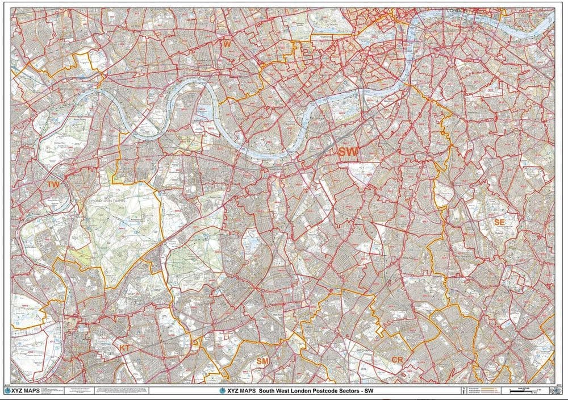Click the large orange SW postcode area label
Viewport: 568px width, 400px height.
point(348,152)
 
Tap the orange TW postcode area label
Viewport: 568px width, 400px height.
point(53,185)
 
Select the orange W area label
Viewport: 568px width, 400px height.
point(227,44)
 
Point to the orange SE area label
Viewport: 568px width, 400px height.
point(499,222)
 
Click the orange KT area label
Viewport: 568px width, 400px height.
point(124,347)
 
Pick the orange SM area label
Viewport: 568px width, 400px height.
point(262,361)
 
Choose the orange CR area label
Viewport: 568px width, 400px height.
point(397,360)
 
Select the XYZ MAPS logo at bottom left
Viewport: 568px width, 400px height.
point(22,391)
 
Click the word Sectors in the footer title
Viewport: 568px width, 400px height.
point(349,391)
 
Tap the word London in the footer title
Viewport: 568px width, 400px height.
point(303,391)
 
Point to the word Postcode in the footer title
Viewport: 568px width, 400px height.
point(326,391)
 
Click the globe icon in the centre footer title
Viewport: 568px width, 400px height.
point(223,391)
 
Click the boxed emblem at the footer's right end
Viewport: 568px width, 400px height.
point(547,391)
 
